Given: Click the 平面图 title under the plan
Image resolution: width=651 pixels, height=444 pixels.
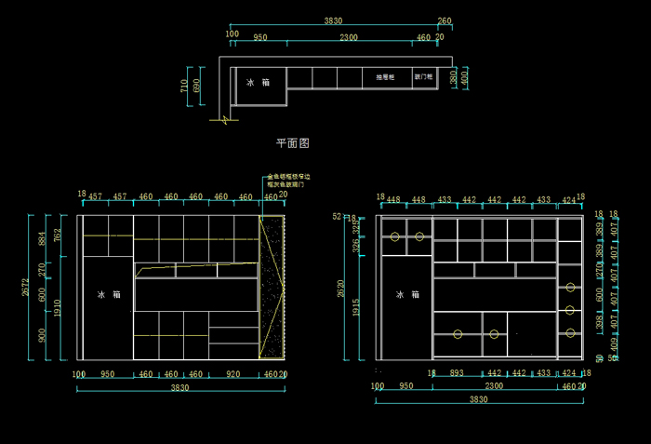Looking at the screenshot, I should point(292,143).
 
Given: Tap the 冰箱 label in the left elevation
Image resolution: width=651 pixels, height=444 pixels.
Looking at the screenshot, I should point(109,294).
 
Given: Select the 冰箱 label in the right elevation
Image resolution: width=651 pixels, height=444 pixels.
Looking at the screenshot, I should point(407,294).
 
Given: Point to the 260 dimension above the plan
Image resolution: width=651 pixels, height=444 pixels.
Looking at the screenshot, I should point(445,20).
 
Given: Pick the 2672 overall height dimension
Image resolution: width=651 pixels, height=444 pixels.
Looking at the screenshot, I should point(25,289).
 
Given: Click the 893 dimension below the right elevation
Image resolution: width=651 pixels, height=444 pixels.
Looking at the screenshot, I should point(457,373).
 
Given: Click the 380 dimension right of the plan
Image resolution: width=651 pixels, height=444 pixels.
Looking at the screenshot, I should point(453,79).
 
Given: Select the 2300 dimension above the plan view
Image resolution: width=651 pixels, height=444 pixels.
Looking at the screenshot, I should point(349,38).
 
